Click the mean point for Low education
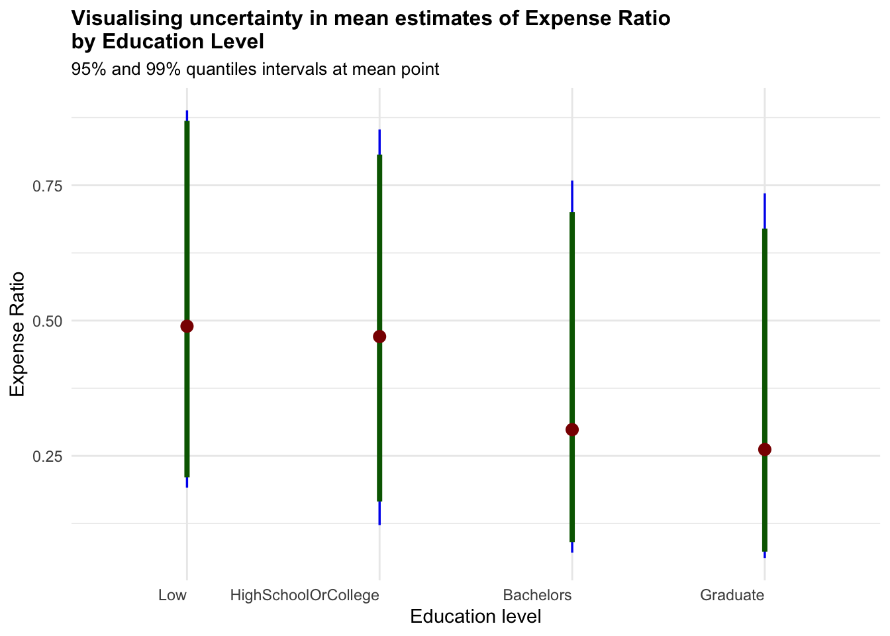[187, 326]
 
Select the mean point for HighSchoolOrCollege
[379, 337]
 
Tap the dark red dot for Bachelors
[572, 429]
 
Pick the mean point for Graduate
[765, 450]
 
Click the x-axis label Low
[172, 595]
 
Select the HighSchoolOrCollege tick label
[305, 595]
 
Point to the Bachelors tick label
[537, 595]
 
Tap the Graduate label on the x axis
[732, 595]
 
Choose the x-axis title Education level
[475, 617]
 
